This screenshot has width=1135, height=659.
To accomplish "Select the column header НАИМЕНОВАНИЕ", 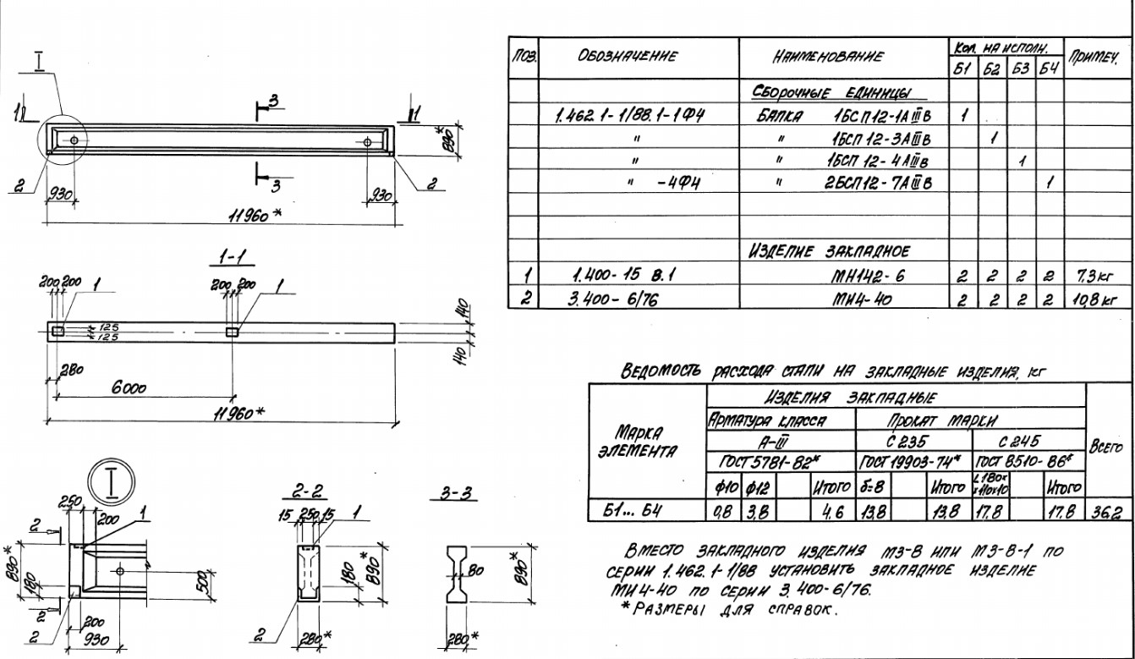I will pos(815,57).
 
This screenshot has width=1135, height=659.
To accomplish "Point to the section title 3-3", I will pos(458,494).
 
